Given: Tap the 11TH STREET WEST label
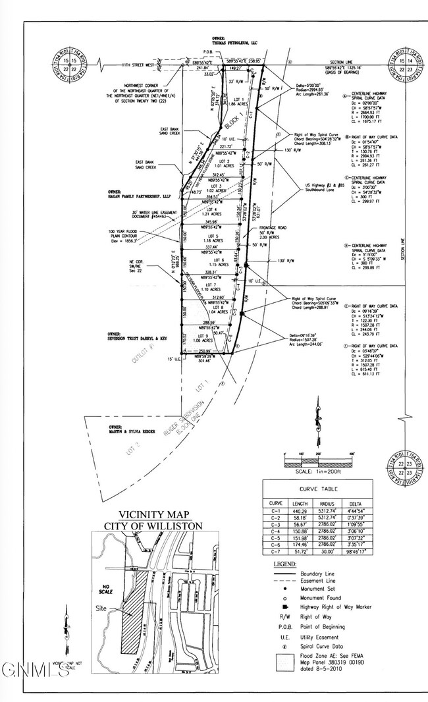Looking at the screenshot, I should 137,66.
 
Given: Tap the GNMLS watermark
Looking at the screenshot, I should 35,670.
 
